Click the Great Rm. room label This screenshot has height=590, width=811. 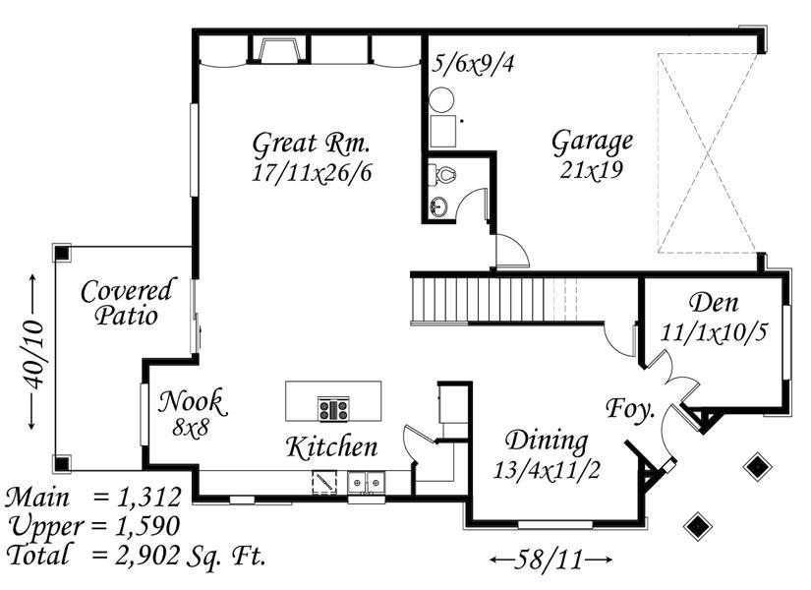(311, 143)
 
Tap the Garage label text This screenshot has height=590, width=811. (592, 142)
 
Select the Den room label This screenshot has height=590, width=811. (714, 302)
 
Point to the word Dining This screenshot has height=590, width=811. (547, 441)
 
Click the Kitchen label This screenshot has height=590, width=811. (332, 447)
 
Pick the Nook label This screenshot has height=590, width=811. (193, 401)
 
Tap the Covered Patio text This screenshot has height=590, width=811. (128, 303)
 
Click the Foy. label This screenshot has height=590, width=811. (630, 409)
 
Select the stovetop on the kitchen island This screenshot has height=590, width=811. (333, 409)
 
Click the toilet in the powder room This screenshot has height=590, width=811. (441, 174)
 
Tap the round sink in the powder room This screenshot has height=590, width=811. (438, 207)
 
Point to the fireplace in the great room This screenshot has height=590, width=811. (280, 50)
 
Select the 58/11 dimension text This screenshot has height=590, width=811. (549, 560)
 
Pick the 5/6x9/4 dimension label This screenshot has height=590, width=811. (473, 64)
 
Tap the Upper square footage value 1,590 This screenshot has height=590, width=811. (147, 526)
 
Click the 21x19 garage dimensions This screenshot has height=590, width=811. (591, 169)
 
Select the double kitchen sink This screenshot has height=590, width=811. (367, 484)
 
